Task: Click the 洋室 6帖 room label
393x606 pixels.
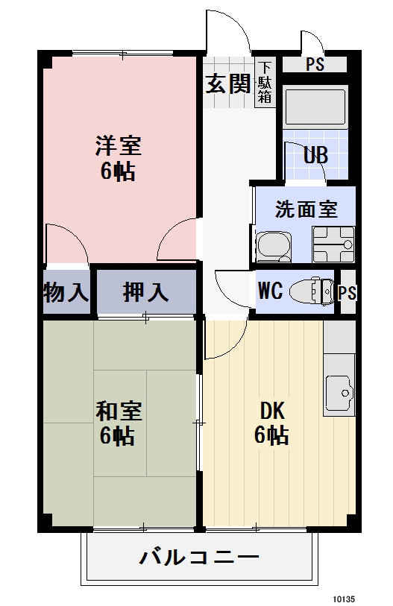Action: pos(118,157)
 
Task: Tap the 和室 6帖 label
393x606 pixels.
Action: pos(118,423)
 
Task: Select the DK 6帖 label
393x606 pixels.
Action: pos(271,423)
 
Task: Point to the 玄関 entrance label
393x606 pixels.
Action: pos(227,83)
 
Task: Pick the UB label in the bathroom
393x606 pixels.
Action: pos(314,156)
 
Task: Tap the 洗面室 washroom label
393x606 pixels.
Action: pos(306,209)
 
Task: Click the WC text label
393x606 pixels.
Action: pos(270,291)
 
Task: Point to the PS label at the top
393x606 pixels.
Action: pos(314,65)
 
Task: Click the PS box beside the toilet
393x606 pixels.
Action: pos(347,292)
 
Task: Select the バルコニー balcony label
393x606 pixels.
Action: pos(199,557)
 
